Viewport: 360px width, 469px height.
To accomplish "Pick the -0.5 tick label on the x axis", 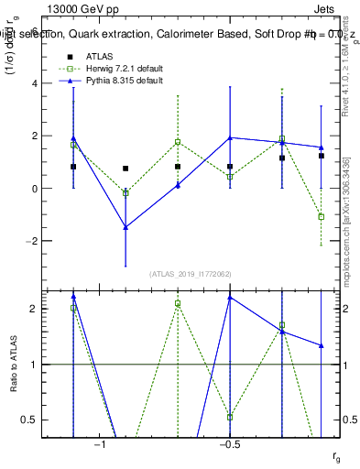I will click(x=229, y=444).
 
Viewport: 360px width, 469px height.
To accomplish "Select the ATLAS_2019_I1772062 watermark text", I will click(x=191, y=274).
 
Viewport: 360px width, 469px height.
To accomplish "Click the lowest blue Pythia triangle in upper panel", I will click(x=125, y=227).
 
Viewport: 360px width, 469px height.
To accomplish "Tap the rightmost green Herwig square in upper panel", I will click(x=321, y=217).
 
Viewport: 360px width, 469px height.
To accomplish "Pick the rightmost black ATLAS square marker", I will click(x=321, y=156).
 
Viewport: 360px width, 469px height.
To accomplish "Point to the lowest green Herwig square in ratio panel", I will click(x=230, y=417).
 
